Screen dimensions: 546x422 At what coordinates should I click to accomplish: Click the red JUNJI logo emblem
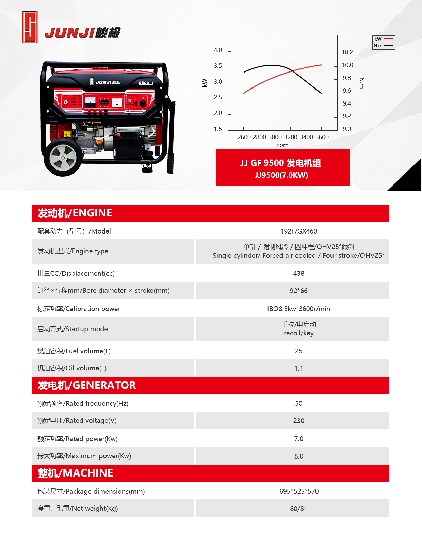point(30,27)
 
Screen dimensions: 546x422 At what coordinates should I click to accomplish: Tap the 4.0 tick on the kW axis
point(218,50)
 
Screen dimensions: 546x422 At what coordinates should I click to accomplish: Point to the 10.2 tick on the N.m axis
point(347,52)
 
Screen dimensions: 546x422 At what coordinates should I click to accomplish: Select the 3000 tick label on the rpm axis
point(275,137)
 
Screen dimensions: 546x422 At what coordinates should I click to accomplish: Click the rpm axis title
point(282,145)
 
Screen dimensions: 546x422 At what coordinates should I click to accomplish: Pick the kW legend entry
point(384,39)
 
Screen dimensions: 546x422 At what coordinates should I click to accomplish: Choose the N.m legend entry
point(384,46)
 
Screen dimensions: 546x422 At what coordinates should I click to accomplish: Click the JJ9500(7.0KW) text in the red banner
point(281,175)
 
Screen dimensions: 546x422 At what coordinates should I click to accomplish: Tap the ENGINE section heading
point(75,213)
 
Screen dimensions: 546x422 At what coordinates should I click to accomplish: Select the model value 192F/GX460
point(298,231)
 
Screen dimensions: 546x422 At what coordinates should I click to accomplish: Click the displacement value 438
point(298,274)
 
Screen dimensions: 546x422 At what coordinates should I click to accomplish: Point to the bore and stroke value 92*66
point(298,291)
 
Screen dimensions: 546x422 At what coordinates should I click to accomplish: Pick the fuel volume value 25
point(298,351)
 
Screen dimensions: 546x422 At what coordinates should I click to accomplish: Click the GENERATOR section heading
point(87,385)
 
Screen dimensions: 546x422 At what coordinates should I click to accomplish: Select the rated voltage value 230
point(298,421)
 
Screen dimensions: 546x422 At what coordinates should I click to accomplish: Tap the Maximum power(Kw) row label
point(84,456)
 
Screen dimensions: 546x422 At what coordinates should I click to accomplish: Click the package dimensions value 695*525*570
point(299,492)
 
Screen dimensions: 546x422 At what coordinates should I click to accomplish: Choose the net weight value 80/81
point(298,509)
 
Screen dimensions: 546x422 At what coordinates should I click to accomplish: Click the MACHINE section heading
point(76,473)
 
